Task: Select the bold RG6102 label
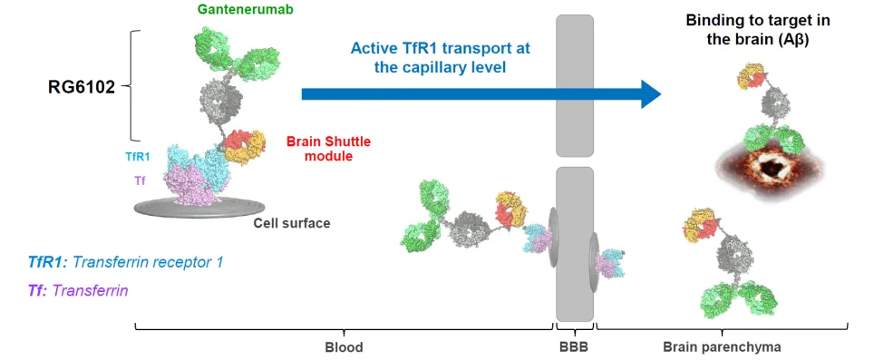tap(83, 87)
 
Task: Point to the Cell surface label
tap(292, 223)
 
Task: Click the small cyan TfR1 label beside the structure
tap(138, 158)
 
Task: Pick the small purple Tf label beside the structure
tap(140, 180)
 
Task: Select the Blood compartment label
tap(344, 347)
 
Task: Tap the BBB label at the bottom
tap(574, 347)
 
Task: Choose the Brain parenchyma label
tap(722, 347)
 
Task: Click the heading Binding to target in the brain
tap(758, 31)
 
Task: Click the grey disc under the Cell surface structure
tap(199, 208)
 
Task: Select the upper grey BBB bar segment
tap(575, 85)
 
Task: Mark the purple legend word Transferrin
tap(90, 290)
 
